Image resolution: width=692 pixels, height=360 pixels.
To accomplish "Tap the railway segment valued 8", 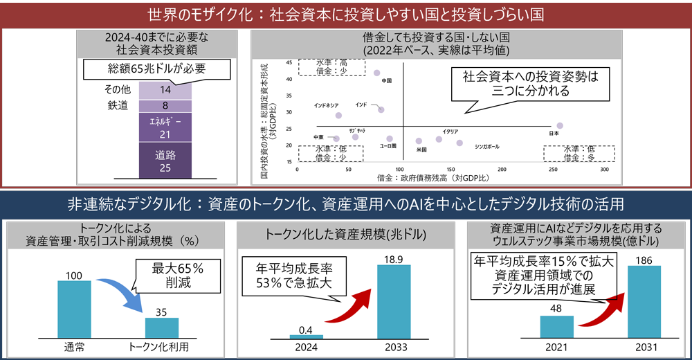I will coord(165,105).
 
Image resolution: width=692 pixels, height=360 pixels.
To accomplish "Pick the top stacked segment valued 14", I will coord(165,89).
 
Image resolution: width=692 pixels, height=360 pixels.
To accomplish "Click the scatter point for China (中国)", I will coord(377,73).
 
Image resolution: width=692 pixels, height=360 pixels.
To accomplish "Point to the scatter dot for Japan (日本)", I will coord(560,126).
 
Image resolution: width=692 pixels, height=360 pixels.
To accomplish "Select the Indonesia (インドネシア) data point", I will coord(338,116).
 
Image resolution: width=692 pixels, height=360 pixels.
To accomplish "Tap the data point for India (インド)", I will coord(381,109).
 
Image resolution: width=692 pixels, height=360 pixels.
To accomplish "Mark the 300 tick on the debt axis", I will coord(603,170).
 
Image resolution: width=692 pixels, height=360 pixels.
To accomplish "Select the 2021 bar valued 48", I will coord(557,327).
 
